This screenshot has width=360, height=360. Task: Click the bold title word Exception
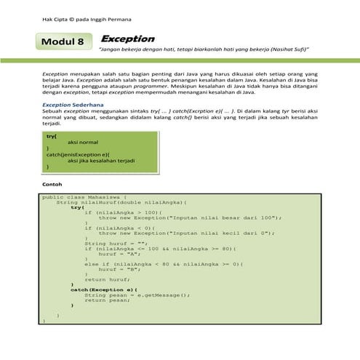pos(128,38)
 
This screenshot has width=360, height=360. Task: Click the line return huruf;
pos(105,278)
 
